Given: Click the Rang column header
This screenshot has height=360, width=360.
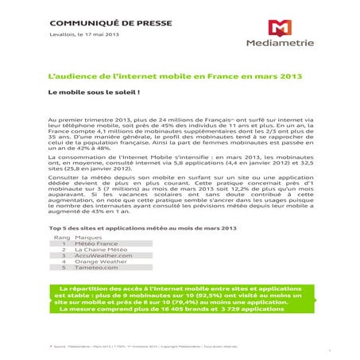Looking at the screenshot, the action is pyautogui.click(x=60, y=236).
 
